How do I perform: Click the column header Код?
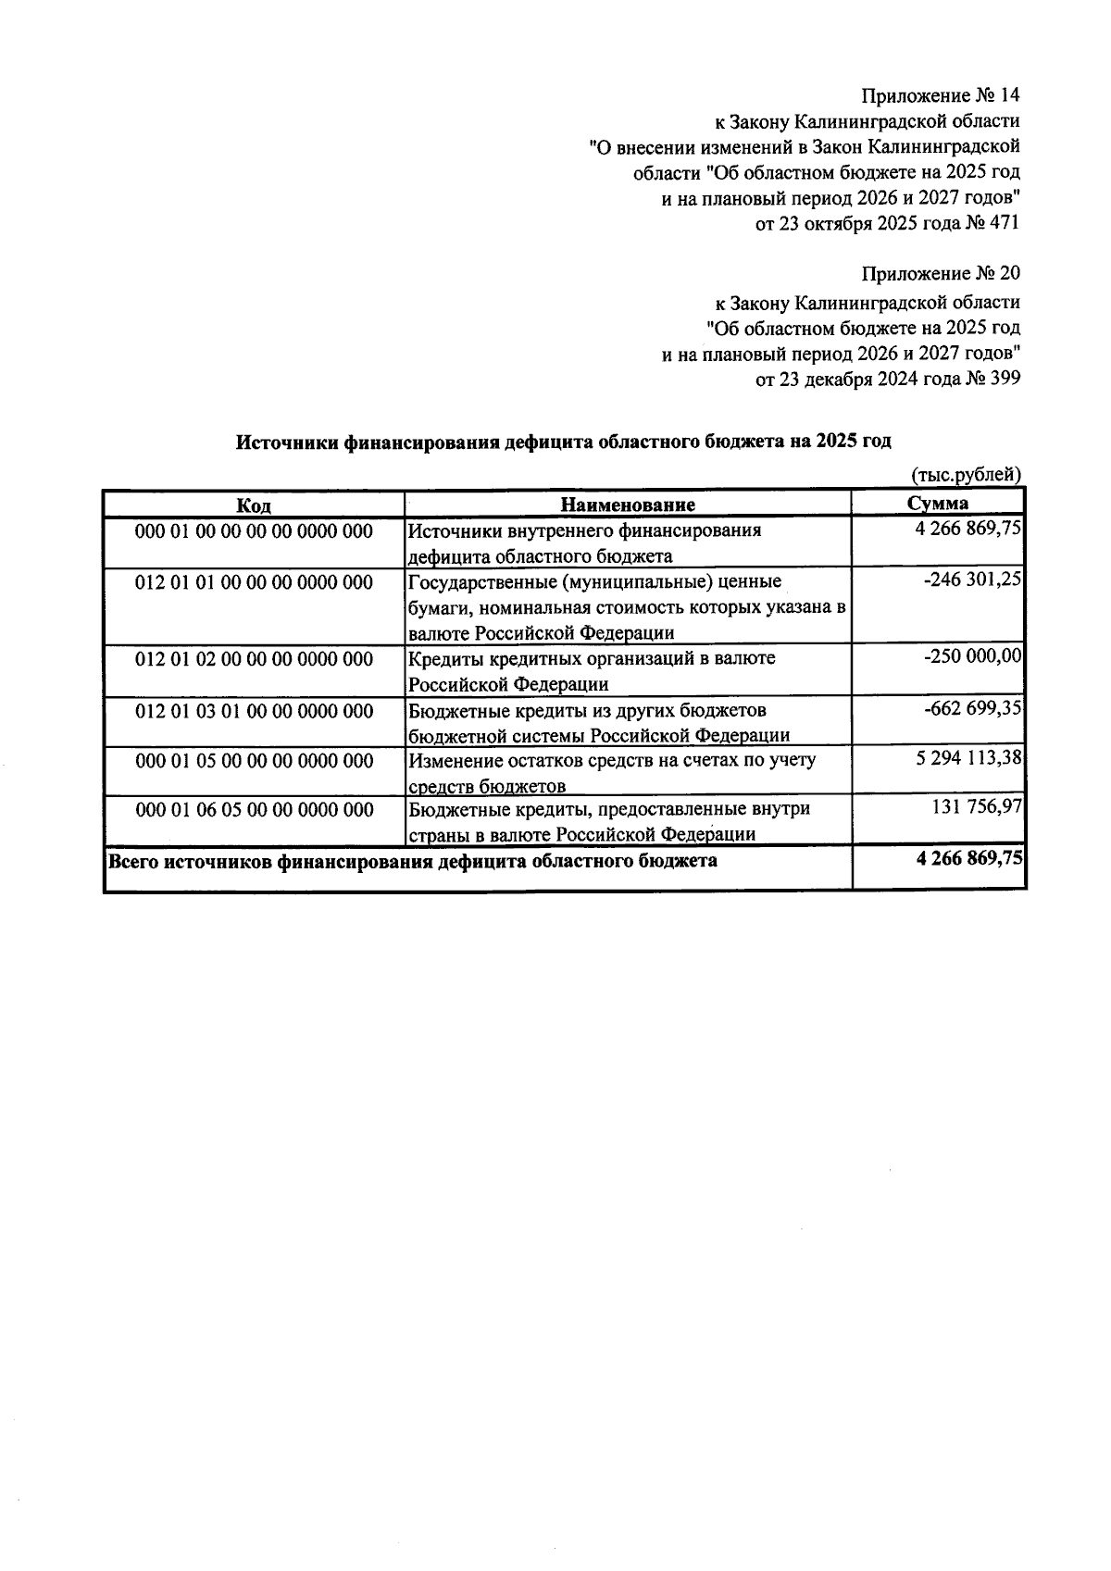pos(254,505)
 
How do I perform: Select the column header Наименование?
pos(628,505)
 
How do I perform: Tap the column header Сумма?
pos(938,504)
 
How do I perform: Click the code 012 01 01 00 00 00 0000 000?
pos(254,582)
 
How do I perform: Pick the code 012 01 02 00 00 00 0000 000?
pos(254,659)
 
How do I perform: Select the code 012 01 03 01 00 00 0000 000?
pos(254,711)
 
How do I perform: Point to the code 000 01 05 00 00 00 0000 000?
pos(254,761)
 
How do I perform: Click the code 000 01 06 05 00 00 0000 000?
pos(254,810)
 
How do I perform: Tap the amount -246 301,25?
pos(972,580)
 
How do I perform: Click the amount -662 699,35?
pos(972,708)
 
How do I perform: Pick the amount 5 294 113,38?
pos(967,758)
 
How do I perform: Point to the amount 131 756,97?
pos(976,807)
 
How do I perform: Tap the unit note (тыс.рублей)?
pos(966,475)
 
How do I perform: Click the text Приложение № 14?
pos(941,95)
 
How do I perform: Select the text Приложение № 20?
pos(941,274)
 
